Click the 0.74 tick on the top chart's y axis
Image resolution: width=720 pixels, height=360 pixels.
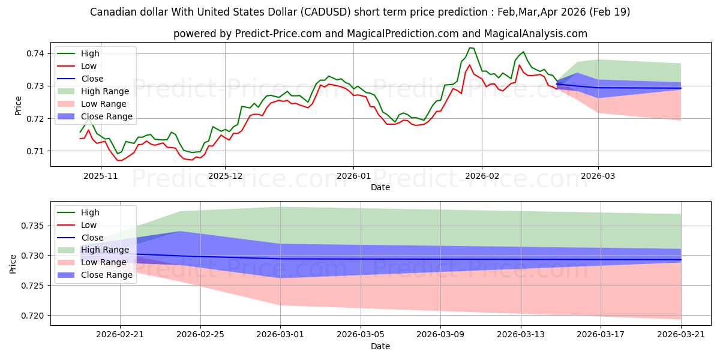(x=36, y=53)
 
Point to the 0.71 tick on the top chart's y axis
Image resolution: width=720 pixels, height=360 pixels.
(x=36, y=151)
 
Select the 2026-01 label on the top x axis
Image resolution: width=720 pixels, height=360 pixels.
(x=353, y=176)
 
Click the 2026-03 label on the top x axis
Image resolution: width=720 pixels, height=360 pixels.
(x=598, y=176)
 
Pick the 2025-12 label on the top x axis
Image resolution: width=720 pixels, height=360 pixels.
(x=225, y=176)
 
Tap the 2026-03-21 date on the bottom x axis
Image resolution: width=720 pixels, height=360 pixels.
(x=681, y=335)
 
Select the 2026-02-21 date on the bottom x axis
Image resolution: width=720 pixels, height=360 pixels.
(x=120, y=335)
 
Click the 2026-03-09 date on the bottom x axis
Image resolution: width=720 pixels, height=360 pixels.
(x=440, y=335)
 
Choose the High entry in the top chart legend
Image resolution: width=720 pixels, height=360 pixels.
(x=90, y=53)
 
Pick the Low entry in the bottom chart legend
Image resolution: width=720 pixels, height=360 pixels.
(x=89, y=225)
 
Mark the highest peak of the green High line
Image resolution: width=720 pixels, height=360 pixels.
(x=470, y=48)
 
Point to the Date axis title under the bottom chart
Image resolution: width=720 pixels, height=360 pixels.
(x=380, y=346)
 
